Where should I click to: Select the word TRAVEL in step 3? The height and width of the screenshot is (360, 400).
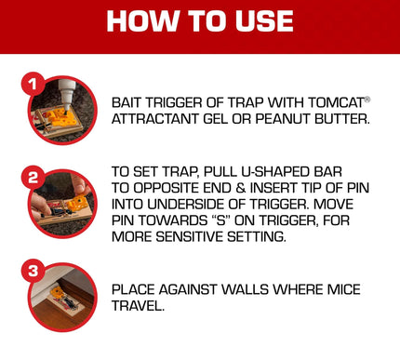coord(137,304)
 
